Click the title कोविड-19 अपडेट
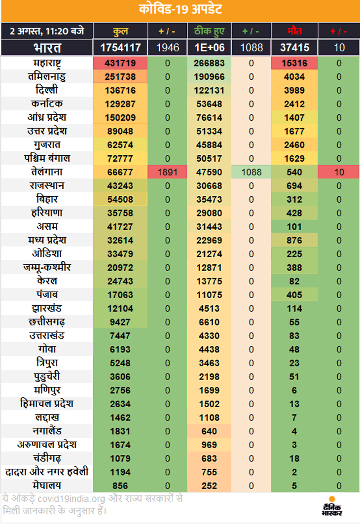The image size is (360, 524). pyautogui.click(x=180, y=9)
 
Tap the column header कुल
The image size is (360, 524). pyautogui.click(x=120, y=31)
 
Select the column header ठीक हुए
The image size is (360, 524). pyautogui.click(x=209, y=31)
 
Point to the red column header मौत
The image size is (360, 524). pyautogui.click(x=294, y=31)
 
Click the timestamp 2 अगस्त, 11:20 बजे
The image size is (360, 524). pyautogui.click(x=47, y=31)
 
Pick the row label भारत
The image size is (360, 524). pyautogui.click(x=47, y=48)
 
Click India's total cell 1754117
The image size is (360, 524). pyautogui.click(x=120, y=48)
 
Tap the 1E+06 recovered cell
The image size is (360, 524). pyautogui.click(x=209, y=48)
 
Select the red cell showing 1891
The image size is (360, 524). pyautogui.click(x=168, y=172)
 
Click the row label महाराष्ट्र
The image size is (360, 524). pyautogui.click(x=47, y=63)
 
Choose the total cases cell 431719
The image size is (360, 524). pyautogui.click(x=120, y=63)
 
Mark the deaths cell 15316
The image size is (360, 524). pyautogui.click(x=294, y=63)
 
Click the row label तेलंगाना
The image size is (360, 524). pyautogui.click(x=47, y=172)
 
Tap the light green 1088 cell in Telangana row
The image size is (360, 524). pyautogui.click(x=252, y=172)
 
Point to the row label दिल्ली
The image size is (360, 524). pyautogui.click(x=47, y=90)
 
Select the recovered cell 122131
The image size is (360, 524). pyautogui.click(x=209, y=90)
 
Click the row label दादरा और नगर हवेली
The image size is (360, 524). pyautogui.click(x=47, y=472)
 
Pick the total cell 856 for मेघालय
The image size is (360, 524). pyautogui.click(x=120, y=486)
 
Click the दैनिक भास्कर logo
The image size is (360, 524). pyautogui.click(x=332, y=507)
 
